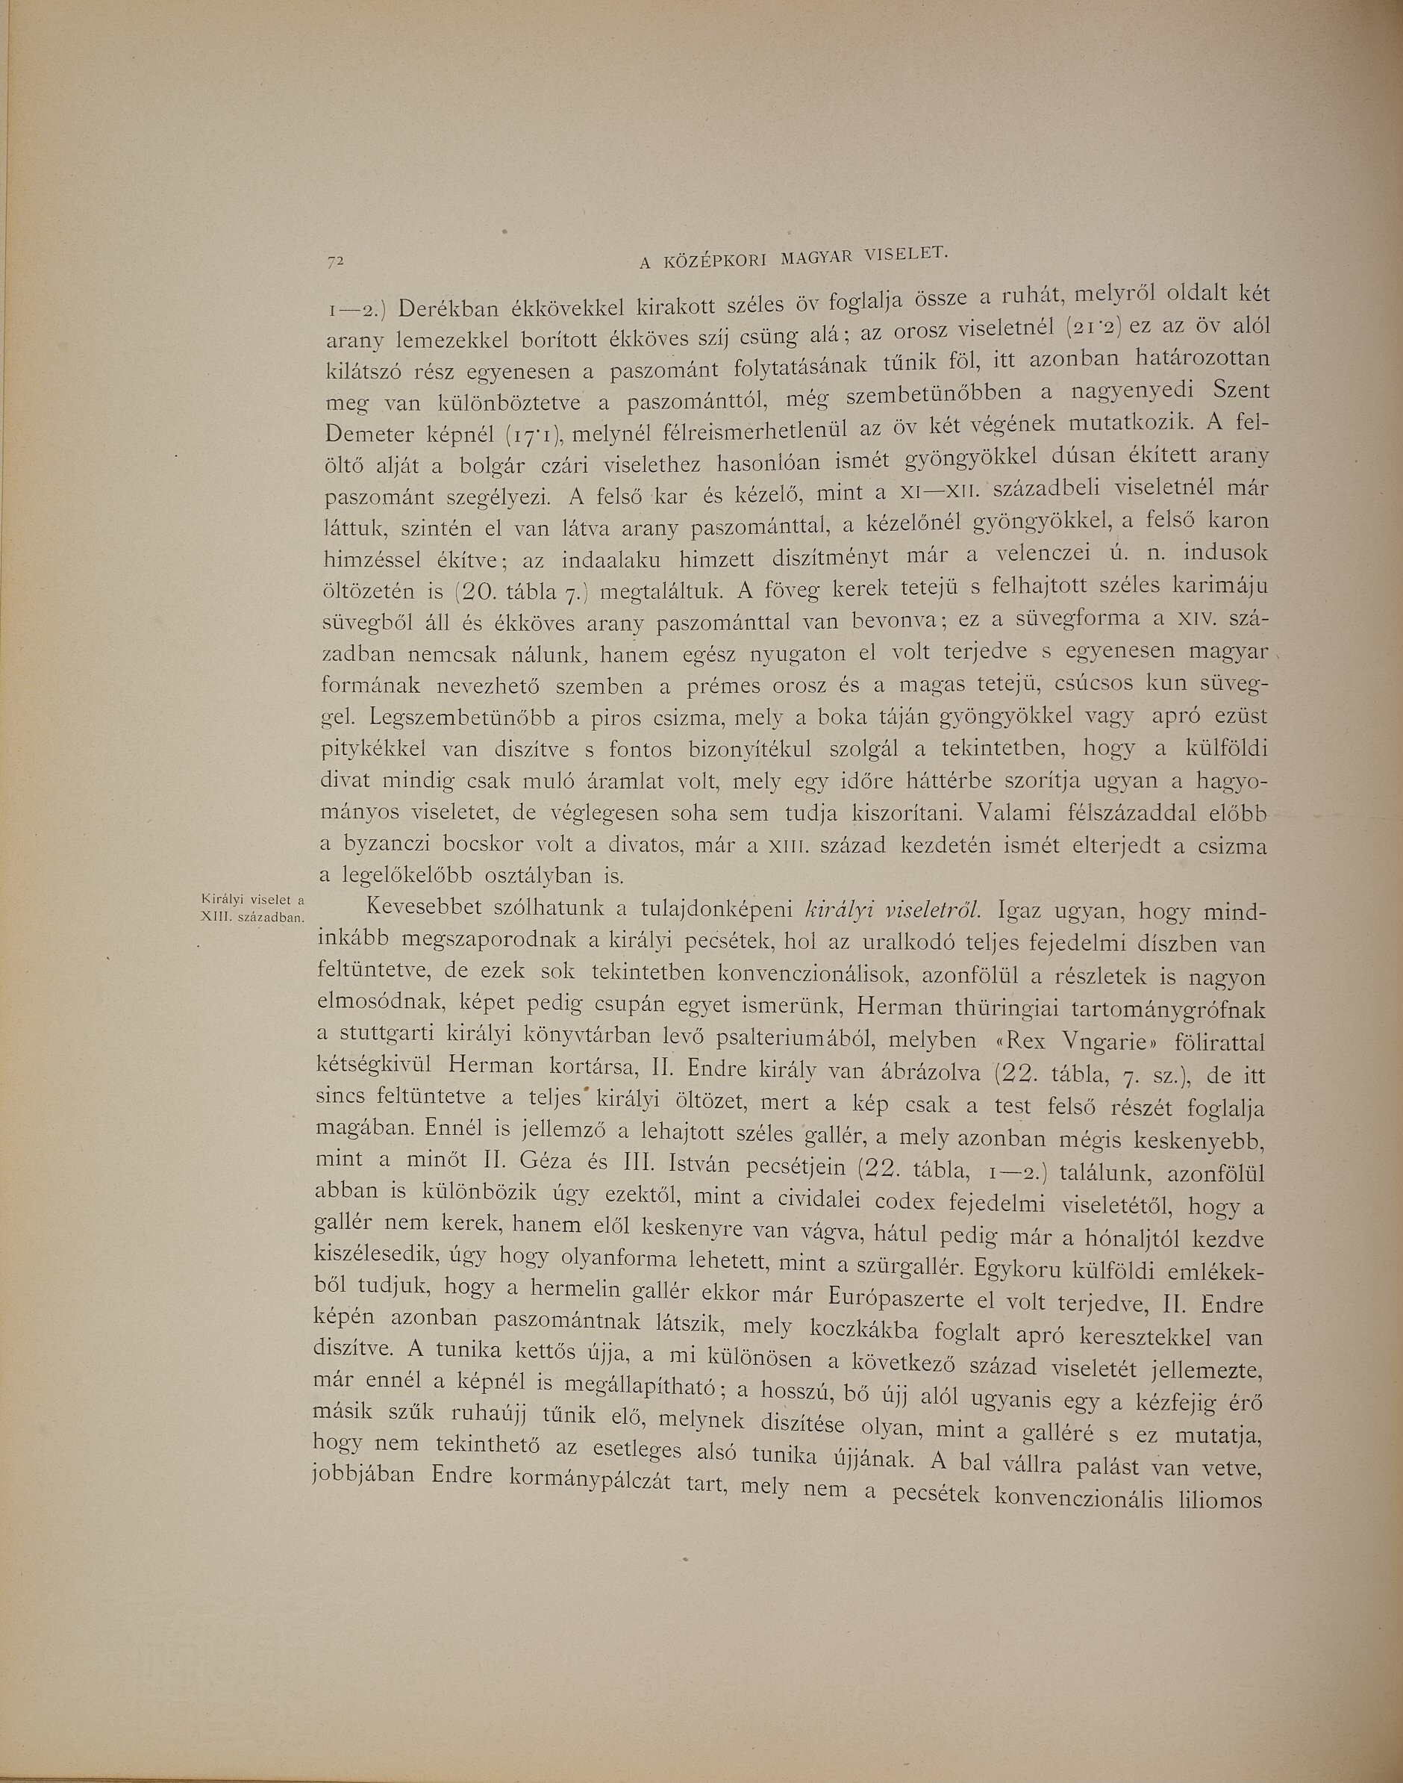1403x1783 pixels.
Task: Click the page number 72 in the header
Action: point(334,261)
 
